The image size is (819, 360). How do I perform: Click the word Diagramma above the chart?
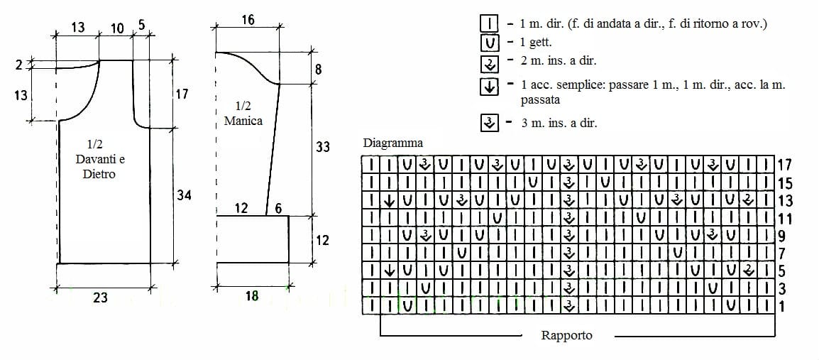392,143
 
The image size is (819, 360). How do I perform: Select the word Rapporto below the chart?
567,335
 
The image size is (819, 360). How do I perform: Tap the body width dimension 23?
100,298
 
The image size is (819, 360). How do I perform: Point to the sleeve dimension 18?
252,295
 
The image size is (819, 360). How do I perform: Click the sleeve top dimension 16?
248,20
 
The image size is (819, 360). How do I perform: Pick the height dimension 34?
183,195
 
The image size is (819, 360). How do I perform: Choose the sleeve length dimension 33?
324,147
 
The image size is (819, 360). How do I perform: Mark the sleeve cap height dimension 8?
319,68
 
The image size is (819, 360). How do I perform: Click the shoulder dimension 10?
118,28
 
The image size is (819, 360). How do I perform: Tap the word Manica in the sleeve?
243,121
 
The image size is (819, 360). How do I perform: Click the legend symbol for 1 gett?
490,42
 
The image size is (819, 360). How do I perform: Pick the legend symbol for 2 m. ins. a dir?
490,63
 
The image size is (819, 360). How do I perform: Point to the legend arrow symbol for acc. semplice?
490,87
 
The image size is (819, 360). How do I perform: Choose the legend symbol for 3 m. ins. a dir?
490,124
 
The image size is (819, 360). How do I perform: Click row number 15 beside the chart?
786,183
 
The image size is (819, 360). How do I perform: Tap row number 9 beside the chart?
782,236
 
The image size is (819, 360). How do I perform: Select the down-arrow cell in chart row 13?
389,200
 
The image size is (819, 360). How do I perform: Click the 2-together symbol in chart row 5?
748,271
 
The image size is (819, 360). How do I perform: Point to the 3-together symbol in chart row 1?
568,305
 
